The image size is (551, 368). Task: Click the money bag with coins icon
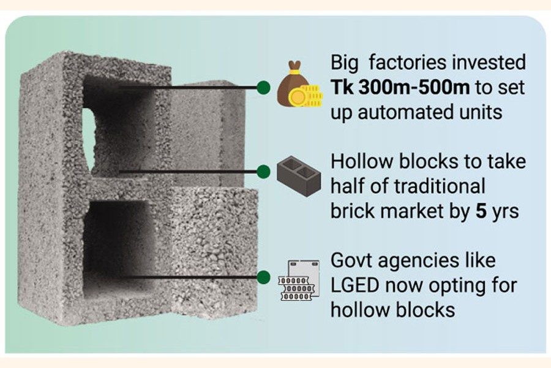[x=299, y=86]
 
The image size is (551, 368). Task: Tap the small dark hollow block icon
[x=298, y=173]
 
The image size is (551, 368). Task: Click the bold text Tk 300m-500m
[x=400, y=87]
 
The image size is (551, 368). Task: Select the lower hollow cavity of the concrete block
[x=119, y=245]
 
